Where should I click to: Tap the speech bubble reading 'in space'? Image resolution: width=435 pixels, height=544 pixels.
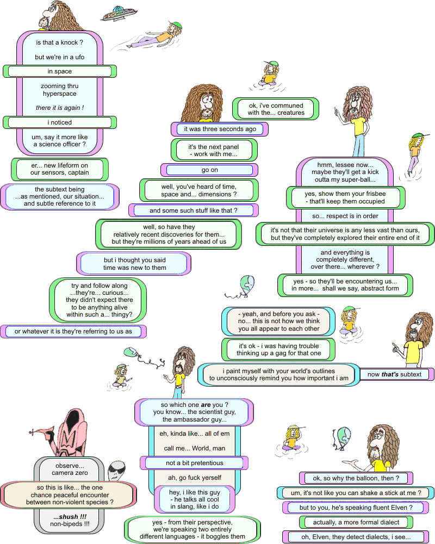coord(60,71)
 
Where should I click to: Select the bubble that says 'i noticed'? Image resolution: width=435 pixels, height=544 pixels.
coord(60,122)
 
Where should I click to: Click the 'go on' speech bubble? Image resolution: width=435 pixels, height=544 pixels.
coord(209,170)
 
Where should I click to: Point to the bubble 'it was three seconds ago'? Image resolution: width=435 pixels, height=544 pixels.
coord(220,129)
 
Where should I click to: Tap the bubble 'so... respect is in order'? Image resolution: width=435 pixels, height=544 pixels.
coord(345,215)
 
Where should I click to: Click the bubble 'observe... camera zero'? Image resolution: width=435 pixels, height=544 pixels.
coord(70,469)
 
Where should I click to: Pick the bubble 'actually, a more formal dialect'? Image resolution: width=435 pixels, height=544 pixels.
coord(356,522)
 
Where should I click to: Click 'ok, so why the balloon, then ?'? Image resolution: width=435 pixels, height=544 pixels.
coord(356,478)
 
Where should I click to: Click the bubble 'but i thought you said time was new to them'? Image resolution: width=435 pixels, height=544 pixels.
coord(135,264)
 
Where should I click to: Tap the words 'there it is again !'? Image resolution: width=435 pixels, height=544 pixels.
coord(60,108)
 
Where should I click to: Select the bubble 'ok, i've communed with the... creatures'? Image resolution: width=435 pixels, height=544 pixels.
coord(276,109)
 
